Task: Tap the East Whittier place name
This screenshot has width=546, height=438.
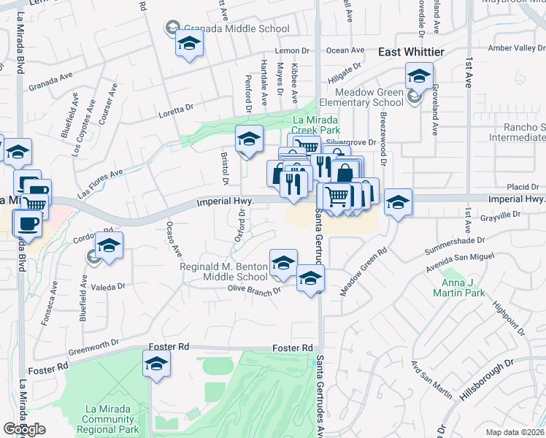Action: (410, 52)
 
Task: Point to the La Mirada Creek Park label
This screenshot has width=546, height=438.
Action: (317, 126)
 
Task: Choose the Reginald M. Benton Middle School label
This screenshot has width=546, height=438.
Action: (224, 272)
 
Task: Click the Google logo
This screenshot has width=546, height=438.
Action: (24, 429)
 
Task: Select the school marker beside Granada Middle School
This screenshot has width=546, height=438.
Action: (189, 45)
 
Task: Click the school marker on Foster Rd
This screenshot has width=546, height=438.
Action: (156, 363)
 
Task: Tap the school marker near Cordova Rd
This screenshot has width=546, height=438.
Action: (109, 245)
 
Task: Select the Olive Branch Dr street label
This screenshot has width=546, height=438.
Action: (255, 291)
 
